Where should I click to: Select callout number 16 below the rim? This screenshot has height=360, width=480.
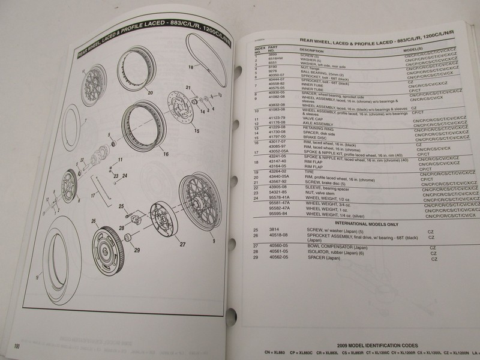tap(165, 154)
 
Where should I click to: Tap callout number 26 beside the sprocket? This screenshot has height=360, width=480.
tap(94, 221)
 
